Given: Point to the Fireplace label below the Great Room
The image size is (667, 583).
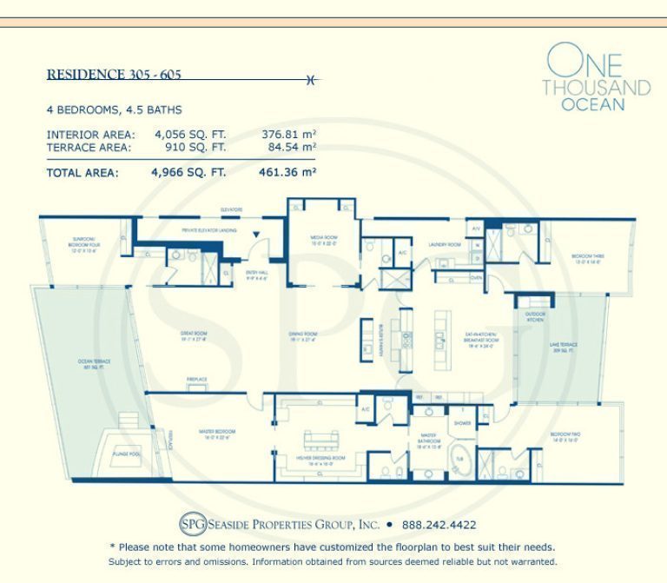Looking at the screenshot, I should (x=195, y=379).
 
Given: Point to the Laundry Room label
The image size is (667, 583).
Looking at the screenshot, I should (x=442, y=245).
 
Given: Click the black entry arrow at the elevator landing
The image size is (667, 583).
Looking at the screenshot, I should (x=255, y=235).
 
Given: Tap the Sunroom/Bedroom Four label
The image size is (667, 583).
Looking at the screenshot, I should (x=66, y=246).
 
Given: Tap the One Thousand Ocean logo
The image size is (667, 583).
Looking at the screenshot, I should (x=596, y=78).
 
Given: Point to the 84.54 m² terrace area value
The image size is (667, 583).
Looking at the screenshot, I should (x=288, y=148).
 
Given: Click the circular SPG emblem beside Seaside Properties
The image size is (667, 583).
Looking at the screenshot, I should (x=193, y=525).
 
